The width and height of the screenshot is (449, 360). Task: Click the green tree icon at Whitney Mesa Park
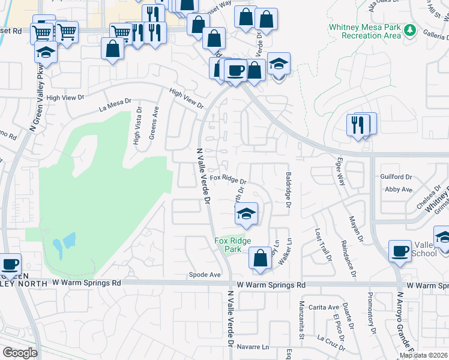click(411, 29)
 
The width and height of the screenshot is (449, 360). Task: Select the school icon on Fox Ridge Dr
click(246, 214)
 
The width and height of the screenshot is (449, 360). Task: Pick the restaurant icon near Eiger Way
click(359, 126)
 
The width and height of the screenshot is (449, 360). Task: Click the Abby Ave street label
click(399, 190)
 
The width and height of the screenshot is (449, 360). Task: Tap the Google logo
click(20, 352)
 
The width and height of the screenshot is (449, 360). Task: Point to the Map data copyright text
click(424, 355)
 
